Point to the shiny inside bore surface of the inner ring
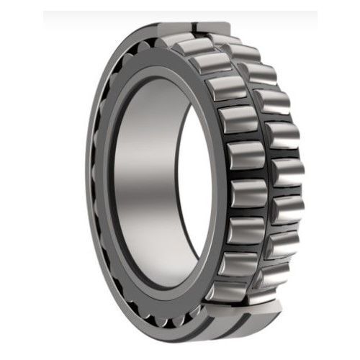coord(144,180)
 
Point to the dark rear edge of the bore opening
coord(209,187)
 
